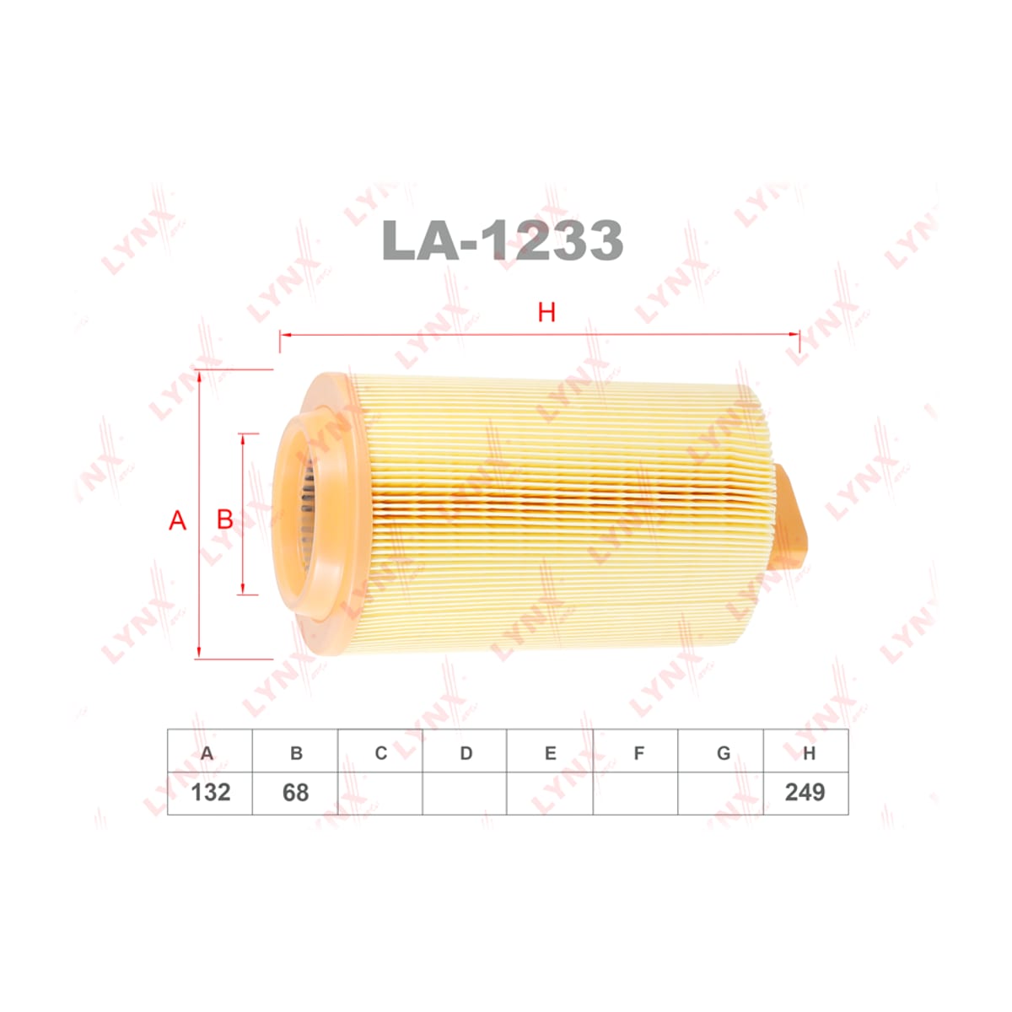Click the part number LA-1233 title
(503, 240)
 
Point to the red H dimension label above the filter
(546, 313)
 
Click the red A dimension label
(177, 520)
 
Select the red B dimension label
(225, 519)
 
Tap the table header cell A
(209, 753)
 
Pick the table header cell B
(294, 753)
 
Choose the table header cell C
(379, 753)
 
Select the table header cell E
(550, 753)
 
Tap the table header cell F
(636, 753)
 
